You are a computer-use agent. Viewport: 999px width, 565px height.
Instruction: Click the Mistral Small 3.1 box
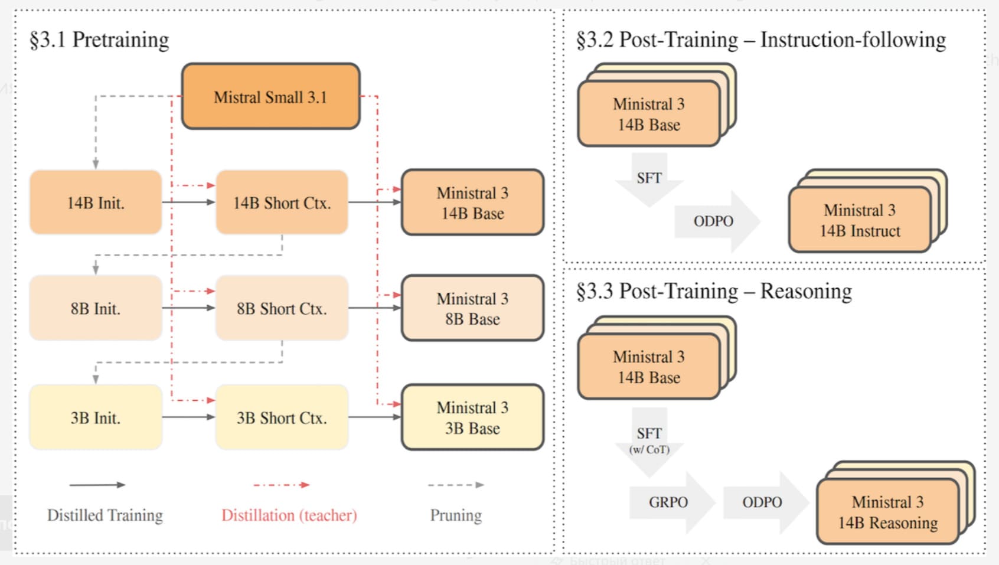(x=270, y=96)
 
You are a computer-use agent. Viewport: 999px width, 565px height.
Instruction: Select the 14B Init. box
(x=96, y=203)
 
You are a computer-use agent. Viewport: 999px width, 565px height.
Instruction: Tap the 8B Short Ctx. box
(x=282, y=308)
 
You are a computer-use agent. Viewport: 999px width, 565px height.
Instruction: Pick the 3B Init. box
(x=96, y=417)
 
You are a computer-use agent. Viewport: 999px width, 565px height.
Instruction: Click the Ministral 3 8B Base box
(x=472, y=308)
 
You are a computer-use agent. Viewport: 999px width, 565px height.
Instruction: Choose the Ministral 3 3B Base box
(x=472, y=417)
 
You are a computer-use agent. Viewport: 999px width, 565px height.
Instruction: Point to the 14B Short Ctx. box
(x=282, y=203)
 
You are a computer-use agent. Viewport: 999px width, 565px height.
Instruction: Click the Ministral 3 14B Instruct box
(x=860, y=220)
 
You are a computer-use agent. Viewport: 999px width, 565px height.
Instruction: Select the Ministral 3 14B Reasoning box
(x=887, y=512)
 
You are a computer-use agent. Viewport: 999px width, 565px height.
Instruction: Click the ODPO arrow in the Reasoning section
(x=763, y=502)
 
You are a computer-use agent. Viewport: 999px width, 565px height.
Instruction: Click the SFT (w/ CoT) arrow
(x=649, y=440)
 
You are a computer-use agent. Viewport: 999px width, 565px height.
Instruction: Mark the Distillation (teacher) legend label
(x=289, y=515)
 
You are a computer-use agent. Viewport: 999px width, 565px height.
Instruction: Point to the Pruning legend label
(x=455, y=515)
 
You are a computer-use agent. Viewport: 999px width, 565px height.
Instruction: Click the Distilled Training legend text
(x=105, y=515)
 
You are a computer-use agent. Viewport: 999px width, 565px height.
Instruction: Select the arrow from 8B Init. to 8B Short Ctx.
(x=188, y=308)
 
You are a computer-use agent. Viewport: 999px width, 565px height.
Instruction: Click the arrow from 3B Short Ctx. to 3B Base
(x=374, y=417)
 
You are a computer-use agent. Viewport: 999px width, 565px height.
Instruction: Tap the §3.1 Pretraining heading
(x=99, y=40)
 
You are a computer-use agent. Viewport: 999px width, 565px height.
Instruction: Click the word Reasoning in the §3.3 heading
(x=806, y=291)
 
